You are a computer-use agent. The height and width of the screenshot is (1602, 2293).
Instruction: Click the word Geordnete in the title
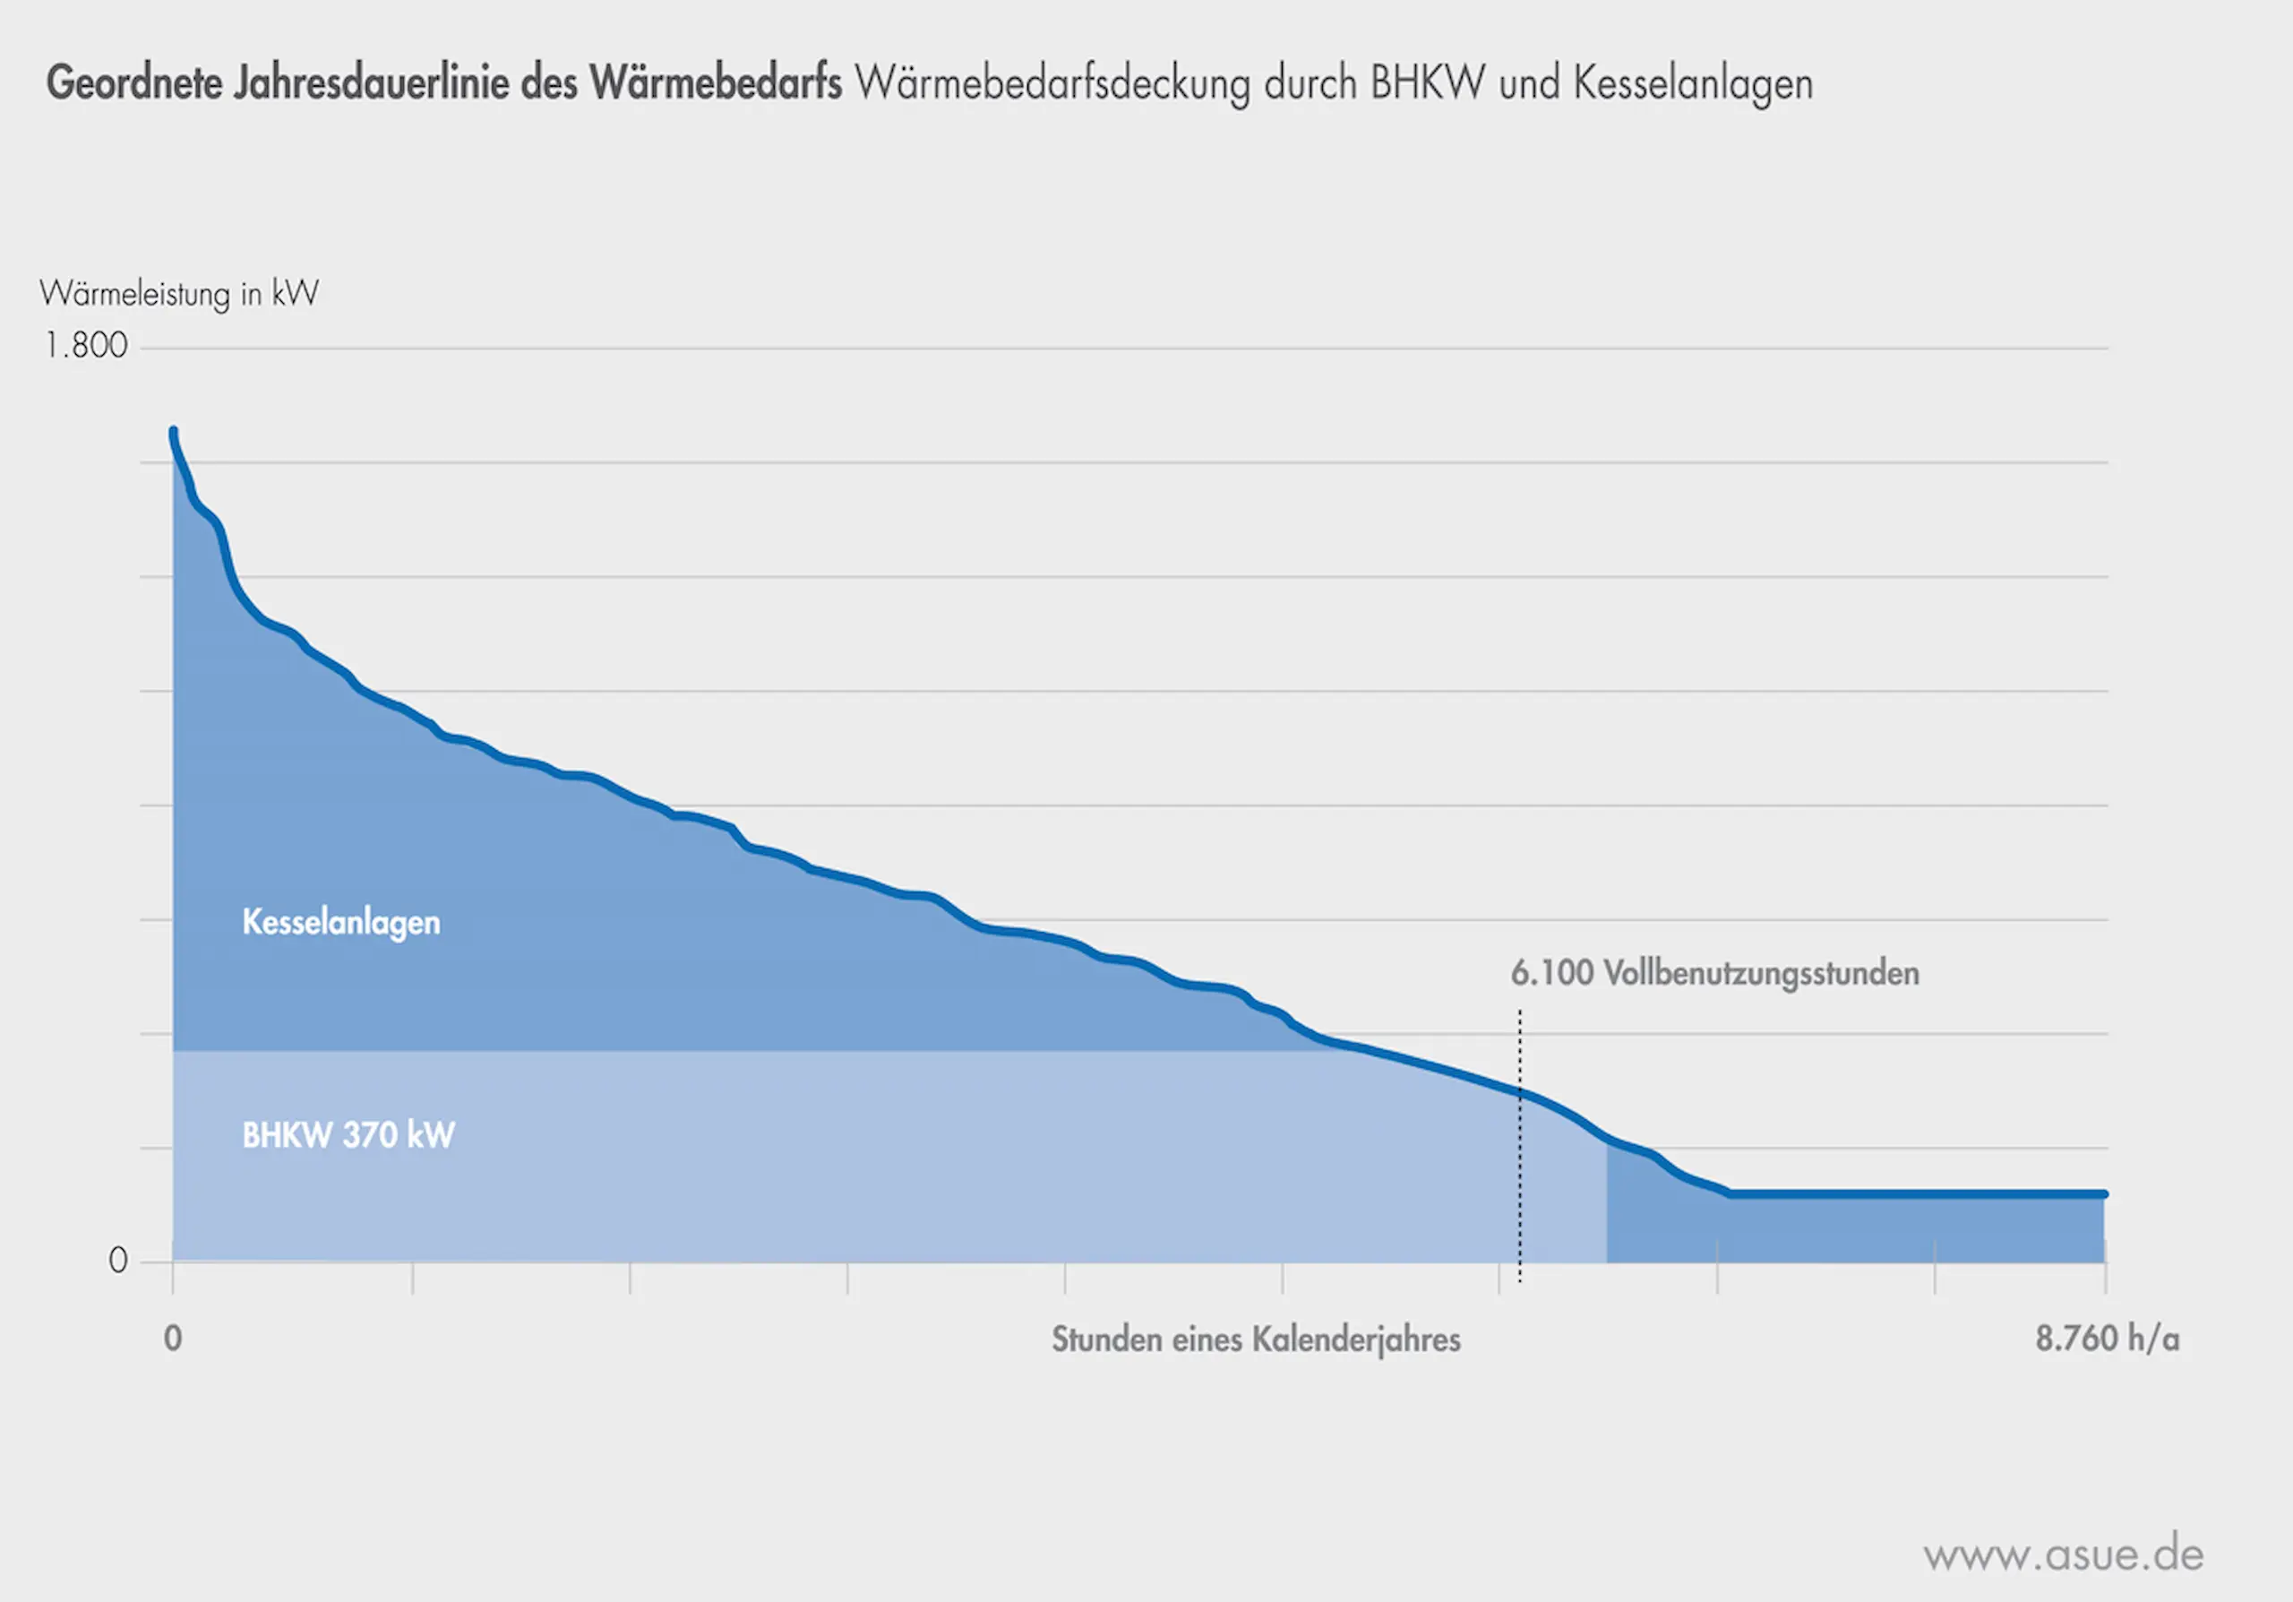135,82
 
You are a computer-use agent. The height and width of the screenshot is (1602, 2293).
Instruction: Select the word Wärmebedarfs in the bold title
715,82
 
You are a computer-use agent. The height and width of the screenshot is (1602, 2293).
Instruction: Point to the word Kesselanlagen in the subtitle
1693,82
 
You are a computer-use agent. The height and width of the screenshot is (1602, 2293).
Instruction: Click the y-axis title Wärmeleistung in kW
179,294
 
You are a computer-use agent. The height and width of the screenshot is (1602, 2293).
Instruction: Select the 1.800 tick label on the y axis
86,346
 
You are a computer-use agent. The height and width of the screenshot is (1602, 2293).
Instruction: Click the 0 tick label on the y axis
118,1261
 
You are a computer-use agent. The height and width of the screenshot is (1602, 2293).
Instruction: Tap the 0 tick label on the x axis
173,1339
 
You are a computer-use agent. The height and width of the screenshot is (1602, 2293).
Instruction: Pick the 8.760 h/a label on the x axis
2108,1339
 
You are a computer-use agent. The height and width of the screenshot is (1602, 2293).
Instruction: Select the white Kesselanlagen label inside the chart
340,922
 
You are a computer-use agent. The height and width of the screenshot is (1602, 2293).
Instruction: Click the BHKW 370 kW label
348,1134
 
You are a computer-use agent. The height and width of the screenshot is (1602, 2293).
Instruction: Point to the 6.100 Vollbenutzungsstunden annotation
1713,973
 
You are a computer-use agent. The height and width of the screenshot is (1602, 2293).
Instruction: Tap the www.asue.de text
2064,1554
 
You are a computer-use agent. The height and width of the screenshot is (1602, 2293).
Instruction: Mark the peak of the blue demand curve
173,432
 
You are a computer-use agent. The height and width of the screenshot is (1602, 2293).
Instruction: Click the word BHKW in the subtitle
1426,82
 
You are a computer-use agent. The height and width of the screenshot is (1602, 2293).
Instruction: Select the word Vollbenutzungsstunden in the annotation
1761,973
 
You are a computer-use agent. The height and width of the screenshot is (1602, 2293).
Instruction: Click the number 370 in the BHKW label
370,1134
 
